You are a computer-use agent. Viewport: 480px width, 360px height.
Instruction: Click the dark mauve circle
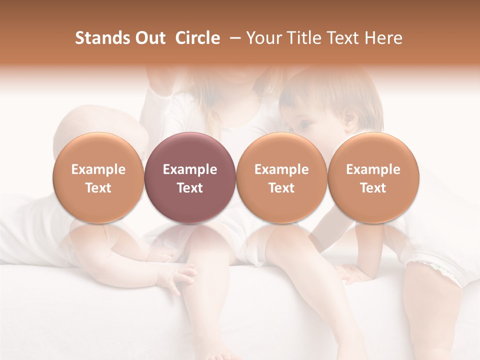tap(190, 178)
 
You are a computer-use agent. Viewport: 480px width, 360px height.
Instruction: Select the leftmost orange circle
tap(98, 178)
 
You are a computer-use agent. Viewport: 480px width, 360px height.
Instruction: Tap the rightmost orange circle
tap(373, 178)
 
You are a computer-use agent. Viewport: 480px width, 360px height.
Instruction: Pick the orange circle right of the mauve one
tap(281, 178)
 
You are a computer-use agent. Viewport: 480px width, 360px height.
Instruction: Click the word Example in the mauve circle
tap(190, 169)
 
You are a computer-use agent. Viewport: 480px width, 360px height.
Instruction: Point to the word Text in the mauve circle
tap(190, 188)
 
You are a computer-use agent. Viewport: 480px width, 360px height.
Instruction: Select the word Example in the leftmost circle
tap(98, 169)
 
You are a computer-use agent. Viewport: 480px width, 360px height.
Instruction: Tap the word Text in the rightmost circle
tap(373, 188)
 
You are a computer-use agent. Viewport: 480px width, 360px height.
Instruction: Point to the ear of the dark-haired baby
tap(349, 120)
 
